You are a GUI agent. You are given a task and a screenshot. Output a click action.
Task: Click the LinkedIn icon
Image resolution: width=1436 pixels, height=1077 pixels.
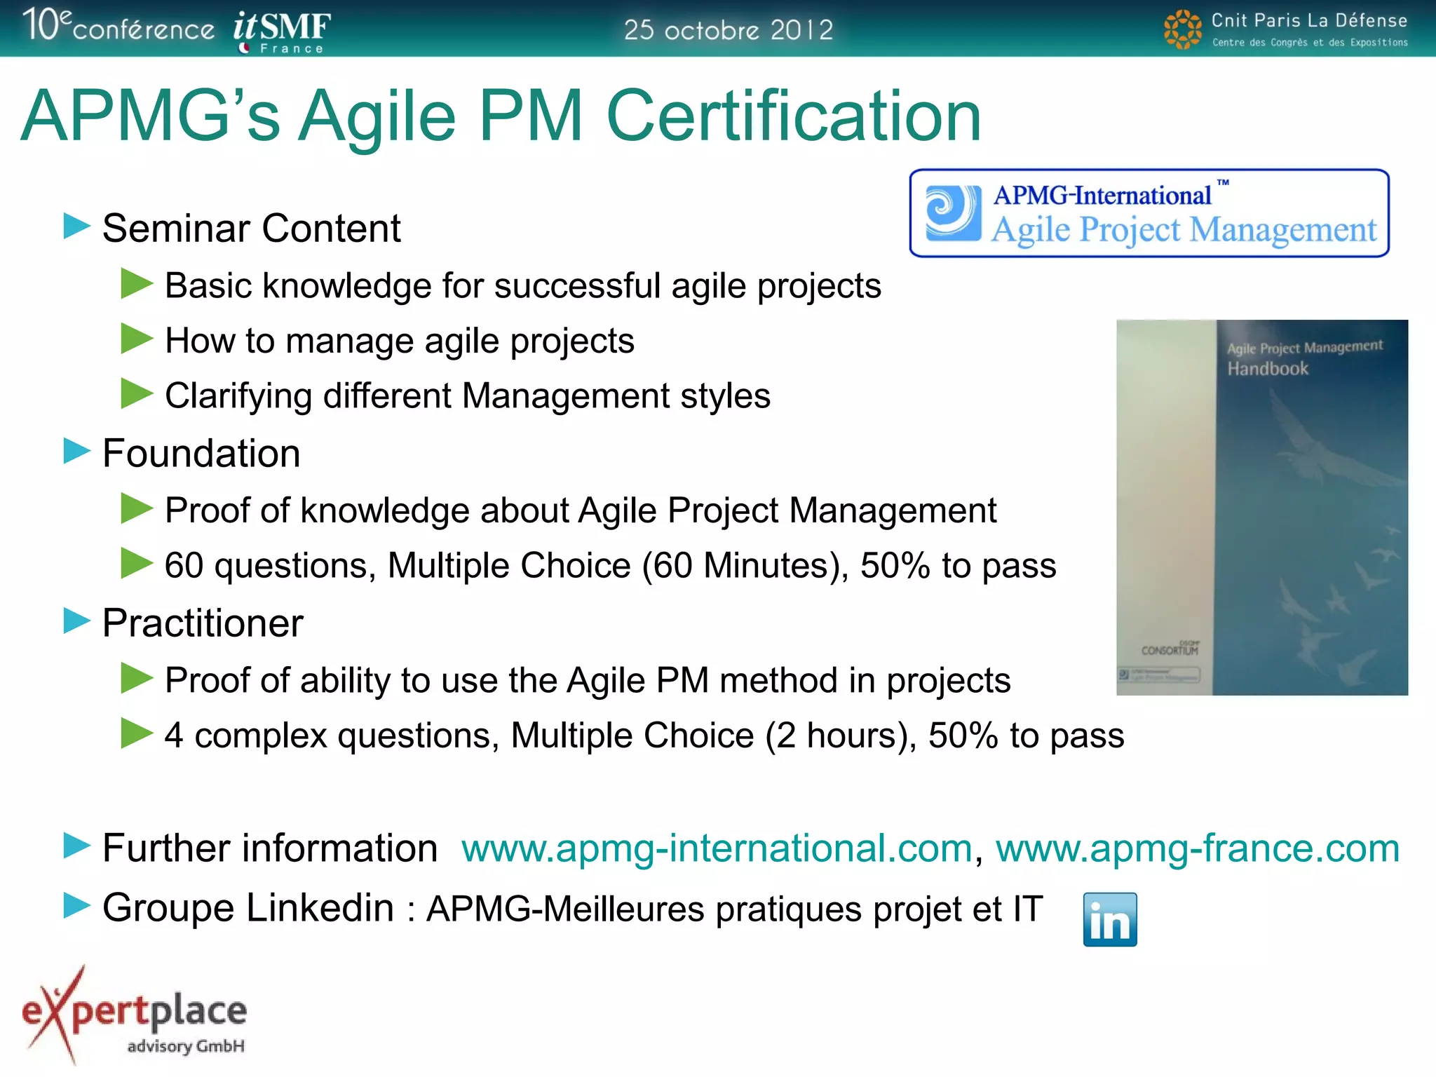click(x=1109, y=919)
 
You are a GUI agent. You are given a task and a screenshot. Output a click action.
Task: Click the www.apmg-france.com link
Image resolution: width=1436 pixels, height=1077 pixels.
click(x=1197, y=848)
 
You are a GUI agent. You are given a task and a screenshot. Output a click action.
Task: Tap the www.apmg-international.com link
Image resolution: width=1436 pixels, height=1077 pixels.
click(x=717, y=848)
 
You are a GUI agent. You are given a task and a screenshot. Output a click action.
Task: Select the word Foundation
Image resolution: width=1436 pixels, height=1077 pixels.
click(x=201, y=453)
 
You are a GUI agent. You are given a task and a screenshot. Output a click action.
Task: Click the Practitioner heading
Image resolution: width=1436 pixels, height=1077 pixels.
click(x=203, y=623)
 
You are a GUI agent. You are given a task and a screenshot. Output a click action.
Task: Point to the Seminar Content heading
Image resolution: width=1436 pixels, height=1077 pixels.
click(x=251, y=228)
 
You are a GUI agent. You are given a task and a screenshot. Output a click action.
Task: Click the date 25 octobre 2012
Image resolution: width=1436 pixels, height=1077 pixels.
click(x=728, y=29)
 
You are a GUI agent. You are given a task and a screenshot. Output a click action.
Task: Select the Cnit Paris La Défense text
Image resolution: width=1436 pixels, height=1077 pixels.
click(x=1308, y=21)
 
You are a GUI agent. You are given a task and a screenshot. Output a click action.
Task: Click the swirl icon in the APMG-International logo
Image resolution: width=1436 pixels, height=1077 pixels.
click(x=952, y=212)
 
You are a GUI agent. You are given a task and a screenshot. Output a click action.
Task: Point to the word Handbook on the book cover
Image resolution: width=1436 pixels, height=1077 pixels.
click(x=1267, y=369)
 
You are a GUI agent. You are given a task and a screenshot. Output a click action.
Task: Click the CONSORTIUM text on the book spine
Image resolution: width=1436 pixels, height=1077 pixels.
click(x=1169, y=650)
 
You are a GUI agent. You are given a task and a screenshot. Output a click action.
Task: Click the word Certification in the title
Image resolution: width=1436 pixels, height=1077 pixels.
click(x=792, y=116)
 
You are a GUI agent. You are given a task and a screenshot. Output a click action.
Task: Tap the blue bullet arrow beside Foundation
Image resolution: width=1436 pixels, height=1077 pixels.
click(x=76, y=451)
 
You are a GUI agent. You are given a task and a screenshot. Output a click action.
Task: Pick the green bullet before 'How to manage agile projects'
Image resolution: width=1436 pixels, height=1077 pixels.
click(x=136, y=339)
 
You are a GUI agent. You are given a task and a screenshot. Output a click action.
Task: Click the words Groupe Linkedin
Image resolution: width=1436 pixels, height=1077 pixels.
click(x=248, y=908)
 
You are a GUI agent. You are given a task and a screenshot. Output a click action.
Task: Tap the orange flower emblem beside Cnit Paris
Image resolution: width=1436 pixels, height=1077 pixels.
click(x=1182, y=29)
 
